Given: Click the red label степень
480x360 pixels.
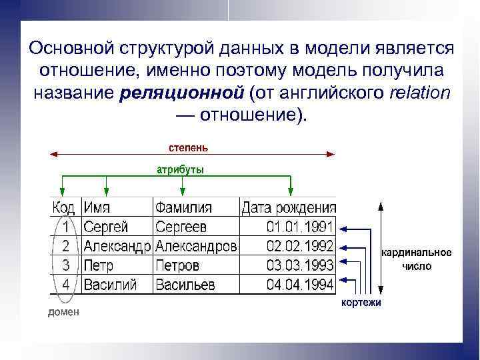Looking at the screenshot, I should point(187,146).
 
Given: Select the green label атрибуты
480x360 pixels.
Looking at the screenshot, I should point(181,169).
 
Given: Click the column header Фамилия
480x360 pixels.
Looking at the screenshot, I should point(183,207).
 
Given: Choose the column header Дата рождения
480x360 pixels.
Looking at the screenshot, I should point(289,207).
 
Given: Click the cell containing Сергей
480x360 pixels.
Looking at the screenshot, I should point(106,227).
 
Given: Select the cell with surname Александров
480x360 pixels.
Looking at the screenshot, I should point(196,246).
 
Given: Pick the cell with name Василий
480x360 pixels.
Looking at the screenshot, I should point(110,285).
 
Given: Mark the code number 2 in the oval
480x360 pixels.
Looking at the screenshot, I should point(66,246).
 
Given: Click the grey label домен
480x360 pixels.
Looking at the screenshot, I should point(63,312).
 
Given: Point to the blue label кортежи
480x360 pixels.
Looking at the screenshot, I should point(361,303).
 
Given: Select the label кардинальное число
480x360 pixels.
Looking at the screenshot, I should point(416,259).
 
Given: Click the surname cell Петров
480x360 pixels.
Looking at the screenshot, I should point(177,265).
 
